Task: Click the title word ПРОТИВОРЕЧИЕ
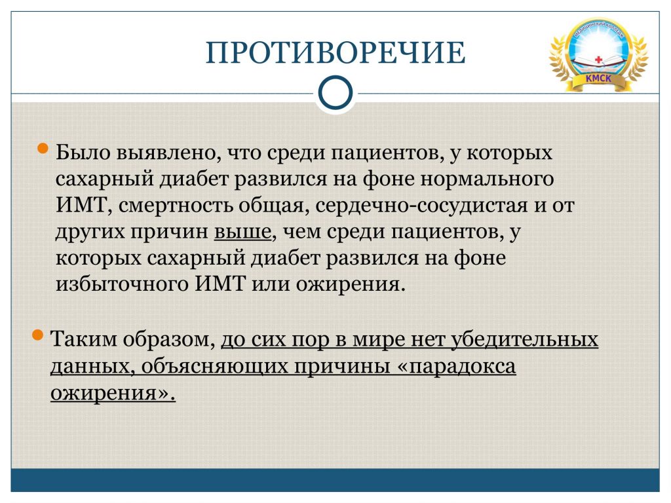tap(335, 52)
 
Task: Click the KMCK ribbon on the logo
tap(598, 80)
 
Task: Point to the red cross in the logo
tap(598, 60)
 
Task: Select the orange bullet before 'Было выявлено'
tap(43, 149)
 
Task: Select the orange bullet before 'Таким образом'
tap(37, 335)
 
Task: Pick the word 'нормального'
tap(487, 179)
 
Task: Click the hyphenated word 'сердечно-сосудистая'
tap(421, 206)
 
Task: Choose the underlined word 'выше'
tap(242, 232)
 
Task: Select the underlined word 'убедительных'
tap(525, 339)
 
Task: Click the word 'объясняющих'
tap(214, 367)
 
